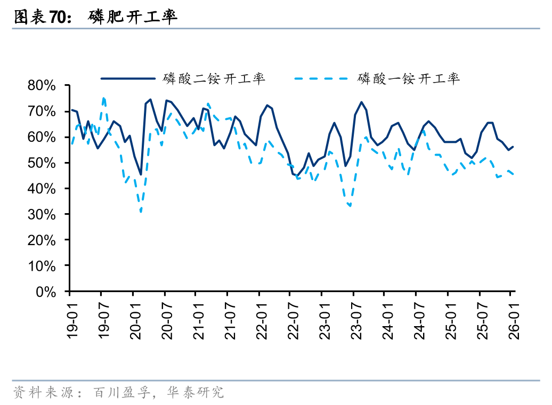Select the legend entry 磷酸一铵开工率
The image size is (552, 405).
pos(409,79)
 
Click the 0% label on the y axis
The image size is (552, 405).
pos(47,292)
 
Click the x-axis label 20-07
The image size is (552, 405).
pos(166,319)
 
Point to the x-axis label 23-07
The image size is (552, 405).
pos(355,319)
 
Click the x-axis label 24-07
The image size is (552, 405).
pos(418,319)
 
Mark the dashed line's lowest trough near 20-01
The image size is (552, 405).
pos(141,212)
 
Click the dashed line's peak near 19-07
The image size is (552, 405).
pos(104,98)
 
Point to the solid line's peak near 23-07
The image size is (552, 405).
pos(361,102)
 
